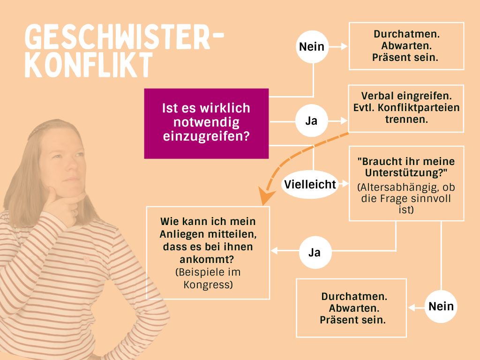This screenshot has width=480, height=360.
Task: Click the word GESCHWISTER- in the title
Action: [x=124, y=37]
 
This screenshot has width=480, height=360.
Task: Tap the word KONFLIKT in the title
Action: [x=89, y=64]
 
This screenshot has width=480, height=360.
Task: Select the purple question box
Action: [x=206, y=123]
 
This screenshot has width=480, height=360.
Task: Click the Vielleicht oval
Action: [x=310, y=184]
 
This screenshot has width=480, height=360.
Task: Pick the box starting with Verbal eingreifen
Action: [x=406, y=108]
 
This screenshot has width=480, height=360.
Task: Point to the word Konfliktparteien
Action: [x=419, y=108]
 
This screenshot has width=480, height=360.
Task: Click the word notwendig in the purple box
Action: [x=206, y=122]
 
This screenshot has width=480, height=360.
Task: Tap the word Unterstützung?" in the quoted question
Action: [x=406, y=172]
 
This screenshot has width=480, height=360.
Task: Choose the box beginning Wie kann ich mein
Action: [x=208, y=253]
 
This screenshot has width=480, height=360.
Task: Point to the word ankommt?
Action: [x=207, y=260]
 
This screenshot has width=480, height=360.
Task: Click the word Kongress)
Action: [x=208, y=285]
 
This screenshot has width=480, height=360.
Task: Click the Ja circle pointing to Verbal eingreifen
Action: [x=311, y=120]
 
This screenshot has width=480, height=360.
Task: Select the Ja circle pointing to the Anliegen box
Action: [x=315, y=252]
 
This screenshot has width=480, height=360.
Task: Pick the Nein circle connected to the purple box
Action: [x=312, y=47]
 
